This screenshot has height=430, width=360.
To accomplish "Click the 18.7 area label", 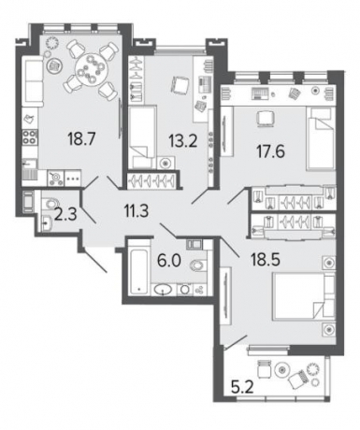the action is pyautogui.click(x=81, y=138).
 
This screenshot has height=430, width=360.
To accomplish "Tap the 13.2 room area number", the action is pyautogui.click(x=183, y=141).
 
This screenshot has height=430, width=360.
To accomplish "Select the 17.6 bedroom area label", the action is pyautogui.click(x=271, y=151).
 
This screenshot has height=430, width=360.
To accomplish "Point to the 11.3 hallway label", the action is pyautogui.click(x=137, y=212).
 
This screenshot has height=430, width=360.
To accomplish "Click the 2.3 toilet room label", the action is pyautogui.click(x=65, y=215).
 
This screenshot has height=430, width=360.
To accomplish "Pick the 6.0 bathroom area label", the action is pyautogui.click(x=169, y=261).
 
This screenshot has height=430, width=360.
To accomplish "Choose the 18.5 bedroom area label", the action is pyautogui.click(x=266, y=259).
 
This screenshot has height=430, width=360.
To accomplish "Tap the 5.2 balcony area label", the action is pyautogui.click(x=242, y=388).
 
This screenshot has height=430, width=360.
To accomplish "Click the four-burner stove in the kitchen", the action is pyautogui.click(x=30, y=137).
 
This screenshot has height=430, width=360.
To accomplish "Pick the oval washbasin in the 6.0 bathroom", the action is pyautogui.click(x=163, y=290).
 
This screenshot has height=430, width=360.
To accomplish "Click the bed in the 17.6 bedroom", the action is pyautogui.click(x=321, y=139).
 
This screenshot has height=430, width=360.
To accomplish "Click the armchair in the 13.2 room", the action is pyautogui.click(x=179, y=85).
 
